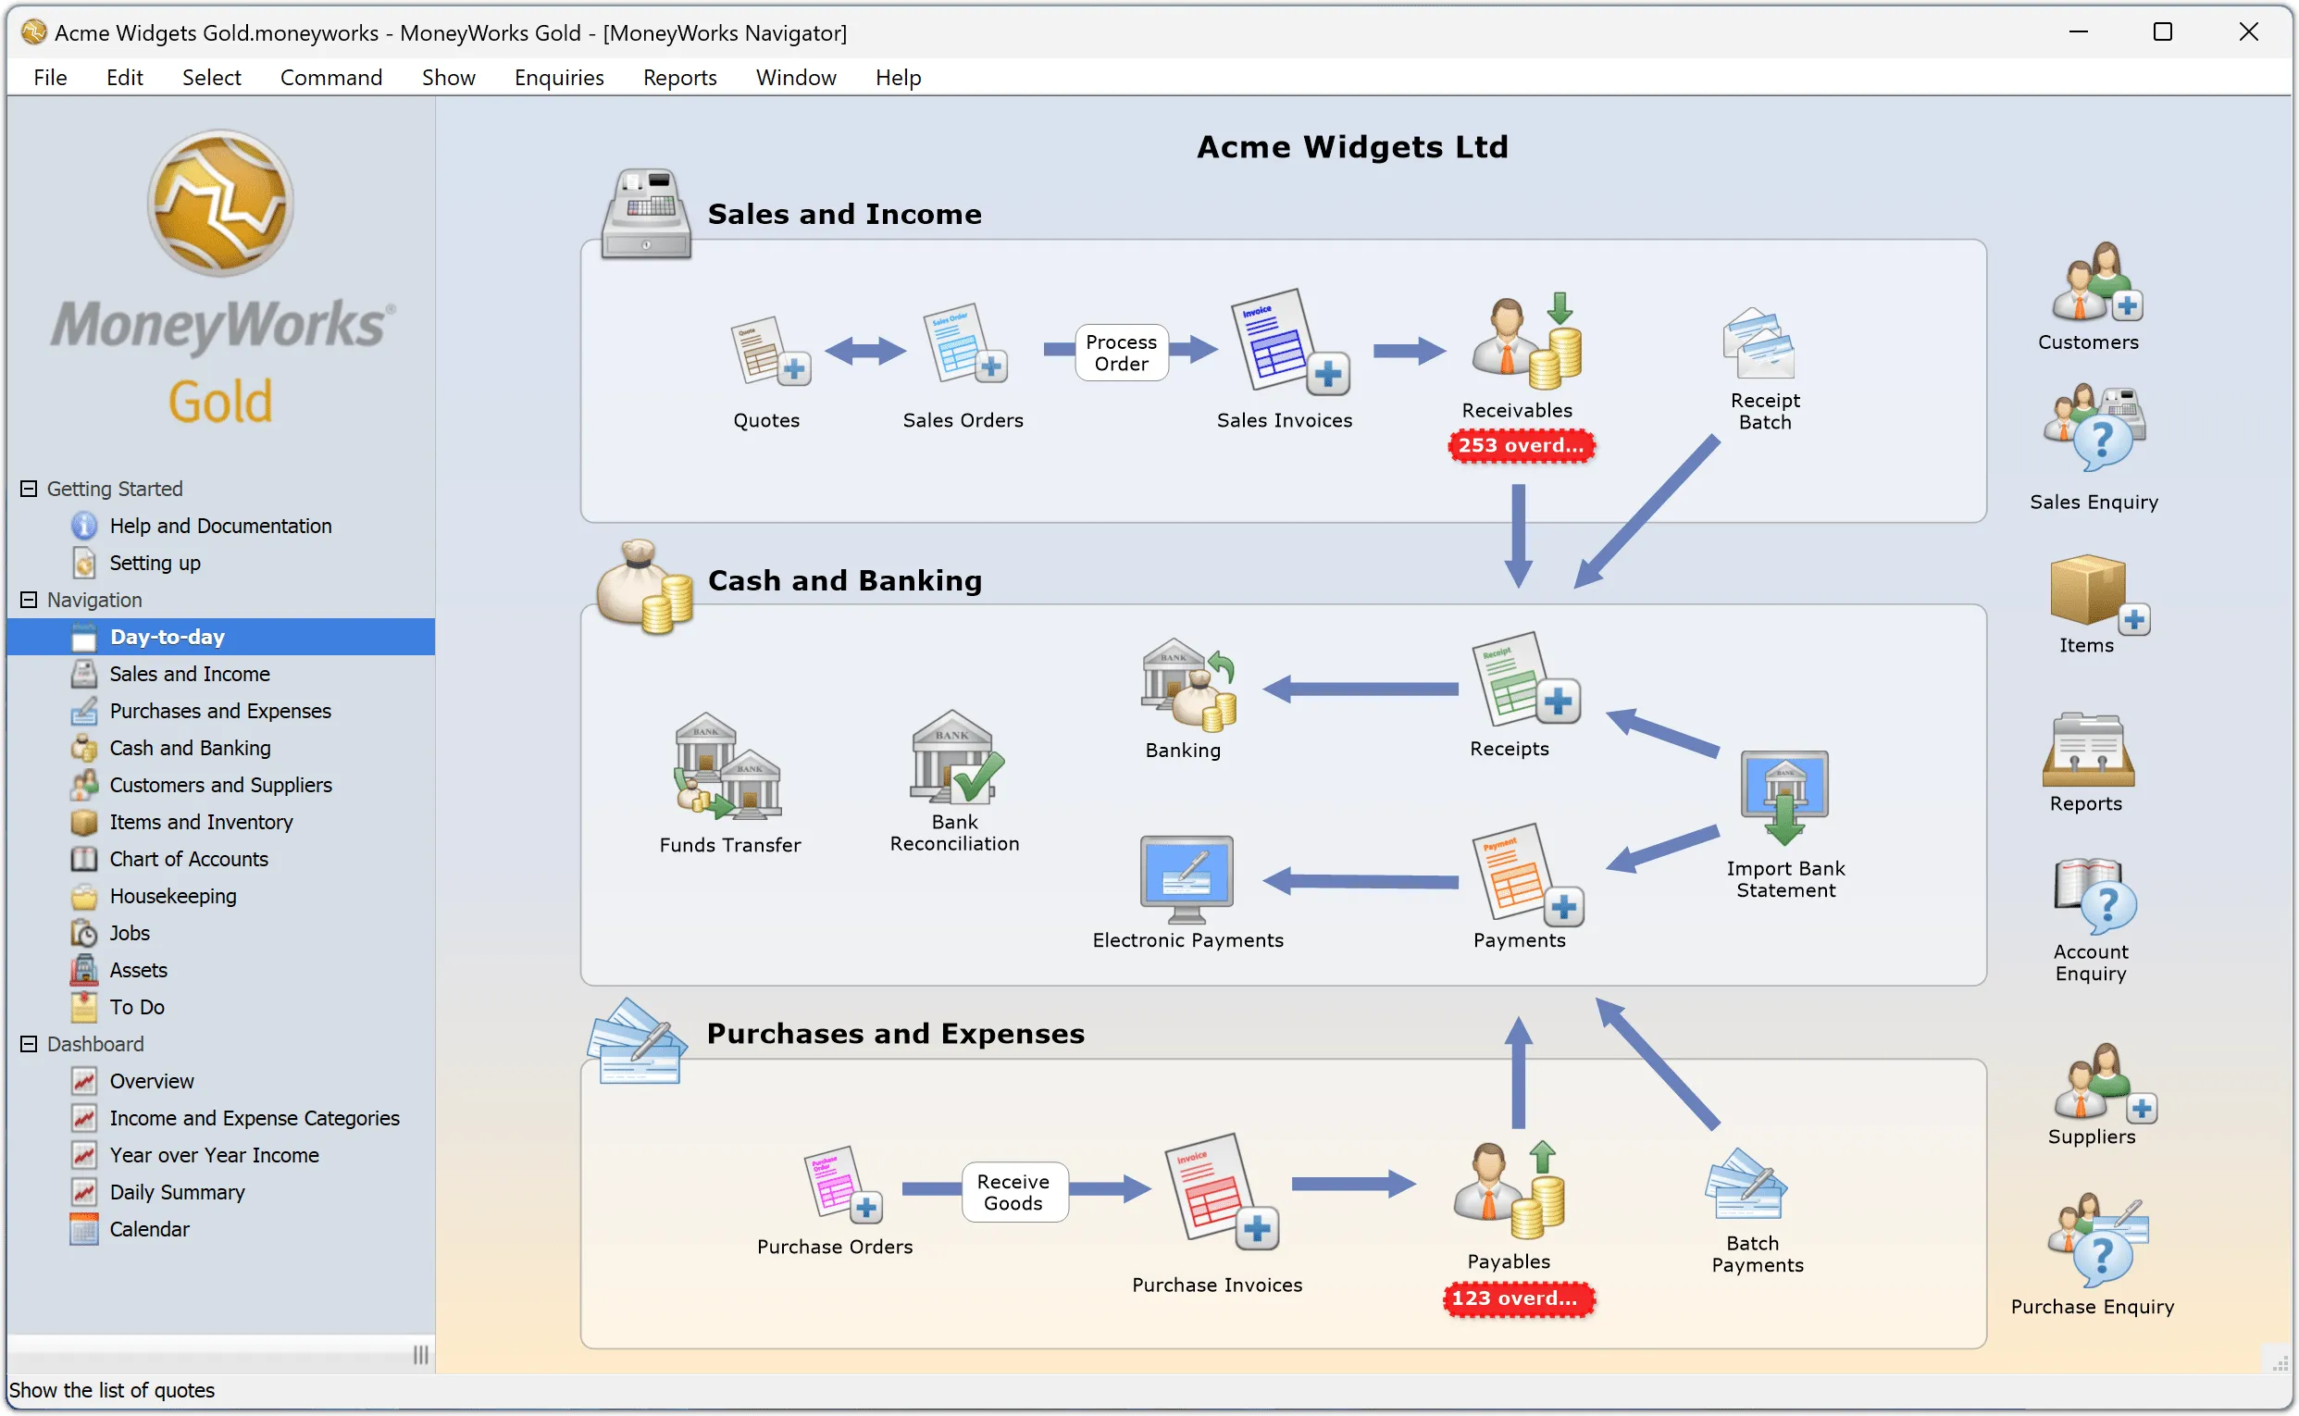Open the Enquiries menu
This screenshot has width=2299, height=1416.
pos(558,77)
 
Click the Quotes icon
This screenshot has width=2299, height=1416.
pos(769,351)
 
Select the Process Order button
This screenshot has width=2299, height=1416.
pos(1121,352)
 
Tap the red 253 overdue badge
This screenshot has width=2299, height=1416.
pos(1519,445)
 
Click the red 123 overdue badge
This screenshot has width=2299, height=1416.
pos(1517,1298)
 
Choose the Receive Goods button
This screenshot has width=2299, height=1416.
pos(1013,1192)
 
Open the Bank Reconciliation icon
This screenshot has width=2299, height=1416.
pos(955,758)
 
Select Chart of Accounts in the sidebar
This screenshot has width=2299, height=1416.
pos(188,859)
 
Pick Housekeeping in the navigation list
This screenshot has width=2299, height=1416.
pos(172,896)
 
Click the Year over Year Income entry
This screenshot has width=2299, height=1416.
pos(214,1155)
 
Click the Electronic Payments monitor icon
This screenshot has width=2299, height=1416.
pos(1187,878)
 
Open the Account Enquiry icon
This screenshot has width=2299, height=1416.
pos(2094,896)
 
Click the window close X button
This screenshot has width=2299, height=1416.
pos(2248,31)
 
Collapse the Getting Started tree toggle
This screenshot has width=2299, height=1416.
pos(29,488)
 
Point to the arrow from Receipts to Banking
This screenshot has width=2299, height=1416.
pos(1360,689)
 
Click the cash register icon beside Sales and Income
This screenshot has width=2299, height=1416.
pos(646,214)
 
